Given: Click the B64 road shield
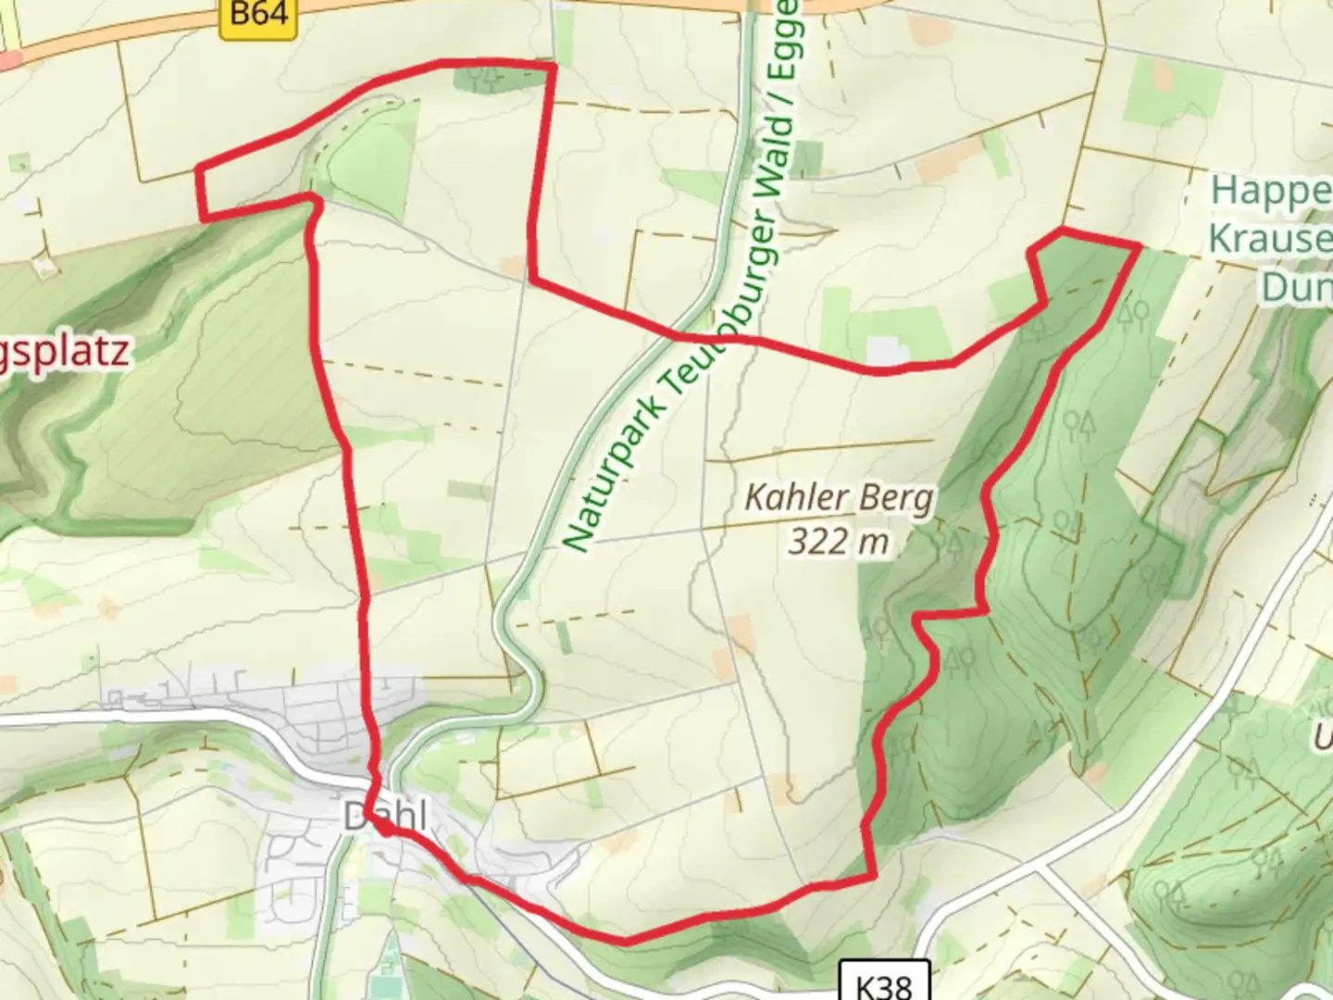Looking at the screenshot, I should point(259,16).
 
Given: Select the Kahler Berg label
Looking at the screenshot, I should point(839,499).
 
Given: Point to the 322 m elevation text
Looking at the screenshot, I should point(839,541).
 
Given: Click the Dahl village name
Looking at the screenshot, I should point(386,817).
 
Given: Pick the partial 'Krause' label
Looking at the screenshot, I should point(1269,239).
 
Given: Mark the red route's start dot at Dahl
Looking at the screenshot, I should point(383,830).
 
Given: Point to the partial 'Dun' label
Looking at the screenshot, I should point(1296,287).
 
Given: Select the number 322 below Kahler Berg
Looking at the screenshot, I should point(818,541).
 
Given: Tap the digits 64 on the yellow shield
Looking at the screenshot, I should point(272,16).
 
